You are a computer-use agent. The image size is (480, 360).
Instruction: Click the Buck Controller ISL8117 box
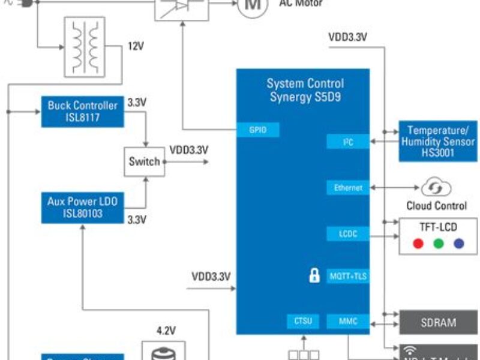tap(83, 111)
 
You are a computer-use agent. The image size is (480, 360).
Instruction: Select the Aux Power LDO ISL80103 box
tap(83, 208)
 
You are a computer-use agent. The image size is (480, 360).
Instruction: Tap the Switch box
tap(144, 161)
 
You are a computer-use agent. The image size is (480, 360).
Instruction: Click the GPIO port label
tap(257, 130)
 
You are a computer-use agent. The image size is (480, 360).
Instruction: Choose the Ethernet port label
tap(348, 188)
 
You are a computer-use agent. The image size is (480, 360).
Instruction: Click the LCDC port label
tap(348, 233)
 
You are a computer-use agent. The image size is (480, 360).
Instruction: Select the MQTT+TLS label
tap(348, 277)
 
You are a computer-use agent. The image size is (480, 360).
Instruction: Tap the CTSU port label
tap(302, 322)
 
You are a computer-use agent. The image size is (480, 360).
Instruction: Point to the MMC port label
tap(348, 322)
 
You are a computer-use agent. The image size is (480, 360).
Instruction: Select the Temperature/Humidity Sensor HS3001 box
tap(440, 142)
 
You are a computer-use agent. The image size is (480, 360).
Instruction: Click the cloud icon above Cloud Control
tap(432, 187)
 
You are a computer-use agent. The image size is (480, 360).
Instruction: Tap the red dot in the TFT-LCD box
tap(418, 244)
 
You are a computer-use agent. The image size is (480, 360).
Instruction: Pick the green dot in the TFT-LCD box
tap(439, 244)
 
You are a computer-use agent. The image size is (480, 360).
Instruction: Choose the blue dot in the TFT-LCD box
tap(460, 244)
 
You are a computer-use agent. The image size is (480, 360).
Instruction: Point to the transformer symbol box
tap(83, 47)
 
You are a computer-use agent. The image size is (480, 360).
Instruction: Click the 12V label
tap(136, 46)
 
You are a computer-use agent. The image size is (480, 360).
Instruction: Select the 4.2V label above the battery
tap(166, 330)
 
